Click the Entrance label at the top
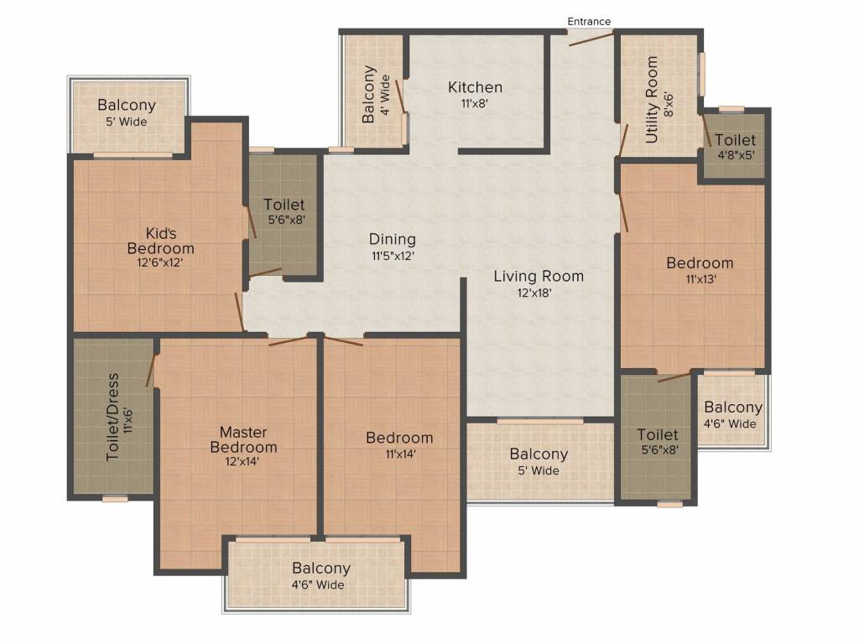pyautogui.click(x=589, y=21)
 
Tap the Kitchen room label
pyautogui.click(x=475, y=87)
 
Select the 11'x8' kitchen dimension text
pyautogui.click(x=475, y=104)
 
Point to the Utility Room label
pyautogui.click(x=652, y=100)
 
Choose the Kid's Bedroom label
pyautogui.click(x=160, y=241)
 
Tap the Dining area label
pyautogui.click(x=392, y=240)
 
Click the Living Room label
pyautogui.click(x=538, y=276)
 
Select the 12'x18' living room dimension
pyautogui.click(x=538, y=293)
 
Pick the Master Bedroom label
pyautogui.click(x=243, y=439)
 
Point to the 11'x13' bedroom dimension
pyautogui.click(x=700, y=279)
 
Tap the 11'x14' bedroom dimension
pyautogui.click(x=399, y=454)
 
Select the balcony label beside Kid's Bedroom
pyautogui.click(x=127, y=106)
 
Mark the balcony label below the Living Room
pyautogui.click(x=539, y=454)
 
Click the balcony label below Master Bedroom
pyautogui.click(x=321, y=569)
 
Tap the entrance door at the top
pyautogui.click(x=591, y=36)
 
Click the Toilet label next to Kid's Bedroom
pyautogui.click(x=284, y=205)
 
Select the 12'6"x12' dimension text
pyautogui.click(x=160, y=262)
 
